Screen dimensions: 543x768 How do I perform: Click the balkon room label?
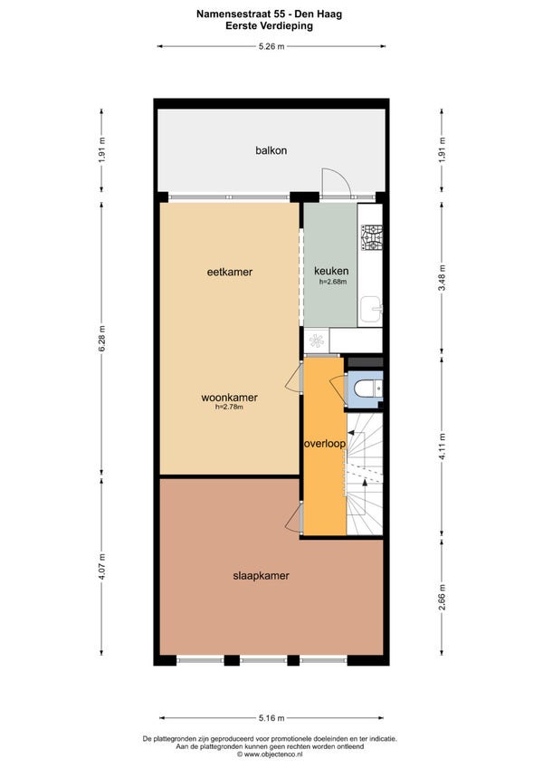271,150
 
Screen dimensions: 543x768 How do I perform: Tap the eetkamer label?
230,272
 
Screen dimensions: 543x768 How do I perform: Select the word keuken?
331,271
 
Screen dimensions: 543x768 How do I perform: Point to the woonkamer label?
229,398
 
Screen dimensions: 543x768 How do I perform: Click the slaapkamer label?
261,575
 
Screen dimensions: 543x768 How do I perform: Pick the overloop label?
325,444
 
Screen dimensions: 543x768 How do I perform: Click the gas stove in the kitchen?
372,237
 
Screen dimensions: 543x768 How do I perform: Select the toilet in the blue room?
362,389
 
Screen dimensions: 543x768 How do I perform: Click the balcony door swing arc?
343,176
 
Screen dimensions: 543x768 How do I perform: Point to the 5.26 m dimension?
271,46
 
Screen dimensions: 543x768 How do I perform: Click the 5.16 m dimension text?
271,718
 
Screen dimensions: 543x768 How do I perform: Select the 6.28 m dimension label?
102,339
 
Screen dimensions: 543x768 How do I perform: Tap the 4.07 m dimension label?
102,566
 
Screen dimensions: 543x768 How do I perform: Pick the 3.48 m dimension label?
443,278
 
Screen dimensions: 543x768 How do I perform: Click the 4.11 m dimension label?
443,446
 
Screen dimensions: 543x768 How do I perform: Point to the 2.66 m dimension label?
443,598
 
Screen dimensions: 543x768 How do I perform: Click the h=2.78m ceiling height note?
229,407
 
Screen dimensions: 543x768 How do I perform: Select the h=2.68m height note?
333,282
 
